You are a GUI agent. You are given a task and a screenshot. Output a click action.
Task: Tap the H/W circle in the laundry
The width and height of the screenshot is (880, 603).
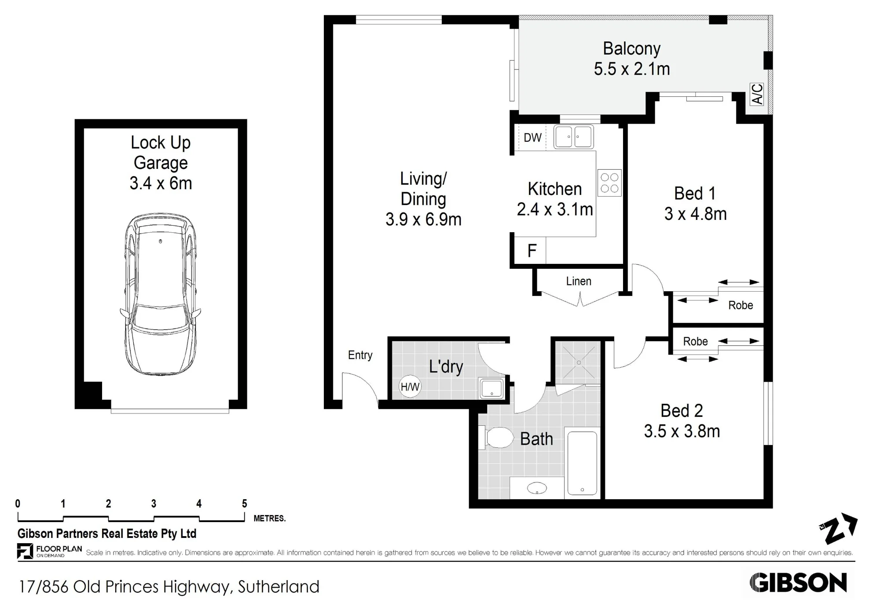pyautogui.click(x=410, y=387)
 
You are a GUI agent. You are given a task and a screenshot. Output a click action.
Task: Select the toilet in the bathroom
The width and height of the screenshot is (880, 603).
pyautogui.click(x=498, y=438)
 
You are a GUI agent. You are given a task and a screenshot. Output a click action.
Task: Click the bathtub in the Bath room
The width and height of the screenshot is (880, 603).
pyautogui.click(x=582, y=463)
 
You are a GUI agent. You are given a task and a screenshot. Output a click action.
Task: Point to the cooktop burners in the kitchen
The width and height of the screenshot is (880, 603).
pyautogui.click(x=609, y=183)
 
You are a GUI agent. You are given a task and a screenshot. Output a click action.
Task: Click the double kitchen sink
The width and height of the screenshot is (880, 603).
pyautogui.click(x=573, y=137)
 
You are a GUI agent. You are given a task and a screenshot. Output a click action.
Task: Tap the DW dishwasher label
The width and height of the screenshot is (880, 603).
pyautogui.click(x=532, y=138)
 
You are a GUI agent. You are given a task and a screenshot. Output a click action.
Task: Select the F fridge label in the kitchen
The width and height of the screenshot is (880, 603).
pyautogui.click(x=532, y=251)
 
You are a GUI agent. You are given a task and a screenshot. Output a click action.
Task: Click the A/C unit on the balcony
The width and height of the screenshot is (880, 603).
pyautogui.click(x=757, y=94)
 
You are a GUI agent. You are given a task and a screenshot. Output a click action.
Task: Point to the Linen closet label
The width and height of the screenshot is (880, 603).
pyautogui.click(x=579, y=281)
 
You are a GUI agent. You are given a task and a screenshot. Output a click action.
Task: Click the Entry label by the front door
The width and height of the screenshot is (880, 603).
pyautogui.click(x=360, y=355)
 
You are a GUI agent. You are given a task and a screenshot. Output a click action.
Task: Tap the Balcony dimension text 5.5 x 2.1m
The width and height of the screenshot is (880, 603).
pyautogui.click(x=632, y=69)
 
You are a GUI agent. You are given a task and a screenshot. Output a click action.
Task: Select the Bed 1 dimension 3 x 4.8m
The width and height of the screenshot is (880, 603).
pyautogui.click(x=695, y=214)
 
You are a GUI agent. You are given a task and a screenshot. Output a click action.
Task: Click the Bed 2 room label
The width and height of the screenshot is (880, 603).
pyautogui.click(x=682, y=411)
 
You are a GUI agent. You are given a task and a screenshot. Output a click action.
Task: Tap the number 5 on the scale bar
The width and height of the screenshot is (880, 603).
pyautogui.click(x=245, y=504)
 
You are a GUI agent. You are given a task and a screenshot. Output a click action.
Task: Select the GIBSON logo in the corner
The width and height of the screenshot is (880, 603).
pyautogui.click(x=798, y=583)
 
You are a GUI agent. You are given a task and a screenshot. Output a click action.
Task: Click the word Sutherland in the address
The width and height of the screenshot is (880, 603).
pyautogui.click(x=279, y=587)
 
